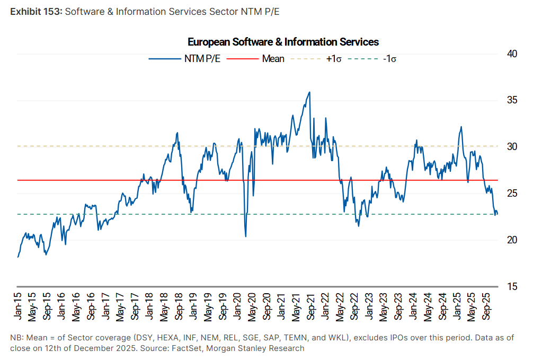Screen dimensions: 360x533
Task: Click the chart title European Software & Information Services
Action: coord(283,42)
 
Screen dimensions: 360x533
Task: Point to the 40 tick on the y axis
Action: coord(512,54)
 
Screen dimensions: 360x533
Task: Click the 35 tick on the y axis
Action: coord(512,100)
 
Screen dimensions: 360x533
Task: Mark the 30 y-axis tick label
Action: coord(512,146)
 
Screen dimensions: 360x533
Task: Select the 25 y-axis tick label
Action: coord(512,193)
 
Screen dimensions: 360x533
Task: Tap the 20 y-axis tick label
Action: coord(512,240)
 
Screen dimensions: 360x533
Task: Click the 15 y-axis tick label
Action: coord(512,286)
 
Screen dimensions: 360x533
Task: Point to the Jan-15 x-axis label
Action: coord(20,305)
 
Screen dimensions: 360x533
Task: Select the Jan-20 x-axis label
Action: coord(236,305)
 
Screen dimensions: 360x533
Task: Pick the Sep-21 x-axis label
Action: coord(308,305)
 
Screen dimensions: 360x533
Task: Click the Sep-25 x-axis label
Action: coord(483,305)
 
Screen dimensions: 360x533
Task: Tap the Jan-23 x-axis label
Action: coord(366,305)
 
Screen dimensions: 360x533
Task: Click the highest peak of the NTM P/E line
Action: coord(309,92)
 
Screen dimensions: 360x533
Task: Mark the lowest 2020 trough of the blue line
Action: coord(246,236)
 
